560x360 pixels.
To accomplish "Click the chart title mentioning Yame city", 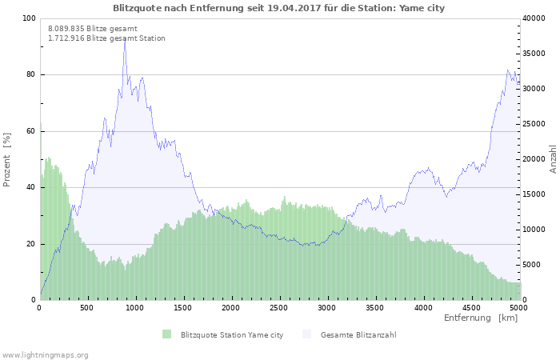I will coord(279,8).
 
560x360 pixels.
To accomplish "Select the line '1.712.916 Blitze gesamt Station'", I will coord(106,38).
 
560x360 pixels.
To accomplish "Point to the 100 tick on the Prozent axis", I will coord(30,18).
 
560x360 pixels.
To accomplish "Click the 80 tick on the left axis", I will coord(31,75).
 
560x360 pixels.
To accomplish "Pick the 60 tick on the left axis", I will coord(31,131).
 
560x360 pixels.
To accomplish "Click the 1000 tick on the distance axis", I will coord(135,307).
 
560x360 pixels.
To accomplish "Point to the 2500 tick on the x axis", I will coord(279,307).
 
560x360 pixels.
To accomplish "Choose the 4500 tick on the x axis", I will coord(470,307).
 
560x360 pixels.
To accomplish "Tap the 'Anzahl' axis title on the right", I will coord(553,159).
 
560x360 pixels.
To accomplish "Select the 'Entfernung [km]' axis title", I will coord(481,318).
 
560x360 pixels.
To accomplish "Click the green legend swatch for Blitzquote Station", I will coord(166,334).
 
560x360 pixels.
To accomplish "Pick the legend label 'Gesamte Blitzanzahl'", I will coord(358,334).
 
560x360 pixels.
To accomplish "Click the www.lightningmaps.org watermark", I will coord(45,354).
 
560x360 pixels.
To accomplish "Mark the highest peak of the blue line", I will coord(125,38).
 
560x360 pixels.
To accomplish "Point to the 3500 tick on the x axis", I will coord(374,307).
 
